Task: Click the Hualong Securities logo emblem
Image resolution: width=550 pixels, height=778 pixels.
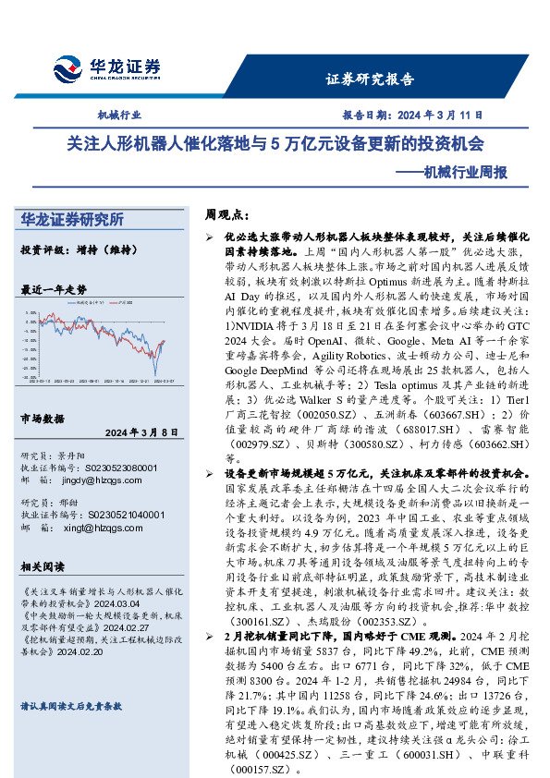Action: [x=68, y=69]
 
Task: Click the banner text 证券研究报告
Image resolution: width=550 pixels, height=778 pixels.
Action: [x=370, y=79]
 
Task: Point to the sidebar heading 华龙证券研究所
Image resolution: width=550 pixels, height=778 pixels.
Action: [x=71, y=220]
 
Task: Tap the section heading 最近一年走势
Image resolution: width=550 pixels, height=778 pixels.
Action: [x=54, y=289]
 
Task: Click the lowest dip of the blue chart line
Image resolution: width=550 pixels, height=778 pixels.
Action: [x=154, y=373]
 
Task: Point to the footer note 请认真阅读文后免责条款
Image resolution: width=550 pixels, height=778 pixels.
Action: [x=71, y=705]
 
